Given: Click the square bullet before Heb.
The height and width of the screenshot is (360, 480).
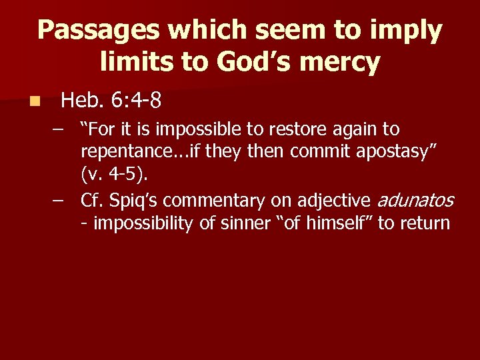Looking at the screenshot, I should point(35,102).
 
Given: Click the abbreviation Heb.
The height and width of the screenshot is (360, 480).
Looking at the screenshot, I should point(81,101).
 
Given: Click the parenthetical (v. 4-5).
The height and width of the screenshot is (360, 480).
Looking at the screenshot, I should point(115,175).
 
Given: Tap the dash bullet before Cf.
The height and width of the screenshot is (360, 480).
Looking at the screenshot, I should point(63,199).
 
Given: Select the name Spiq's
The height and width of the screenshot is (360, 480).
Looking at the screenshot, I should point(133,199).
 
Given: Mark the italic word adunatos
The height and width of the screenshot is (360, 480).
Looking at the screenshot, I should point(415,199).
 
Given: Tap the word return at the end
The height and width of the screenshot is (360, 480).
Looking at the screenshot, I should point(424,223).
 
